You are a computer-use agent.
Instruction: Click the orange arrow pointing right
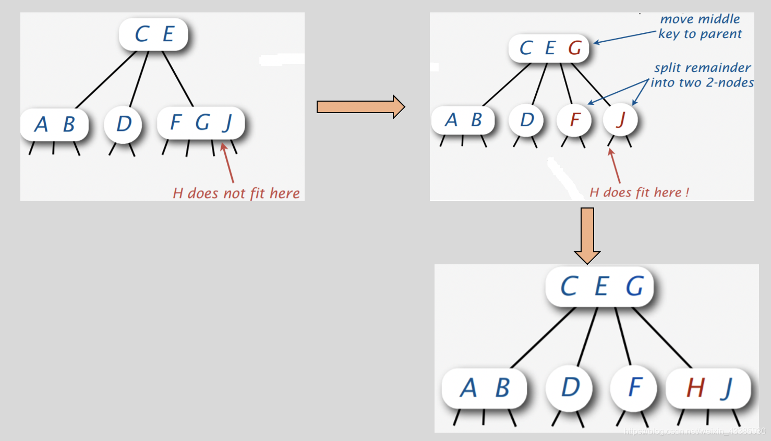360,107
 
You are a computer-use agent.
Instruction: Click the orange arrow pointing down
587,235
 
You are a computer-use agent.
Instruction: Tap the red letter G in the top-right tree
575,48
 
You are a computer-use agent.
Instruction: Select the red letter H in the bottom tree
695,388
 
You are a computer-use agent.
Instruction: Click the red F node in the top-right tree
574,120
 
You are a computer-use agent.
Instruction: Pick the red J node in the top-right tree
620,120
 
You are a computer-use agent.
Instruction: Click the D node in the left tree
124,124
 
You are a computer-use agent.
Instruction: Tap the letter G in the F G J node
202,123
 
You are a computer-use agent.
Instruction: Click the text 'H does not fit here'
236,193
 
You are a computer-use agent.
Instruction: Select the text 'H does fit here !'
639,192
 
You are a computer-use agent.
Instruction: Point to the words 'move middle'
700,19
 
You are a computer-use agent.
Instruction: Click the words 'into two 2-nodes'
702,82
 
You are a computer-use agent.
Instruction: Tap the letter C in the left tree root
141,34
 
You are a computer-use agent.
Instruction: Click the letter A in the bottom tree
468,388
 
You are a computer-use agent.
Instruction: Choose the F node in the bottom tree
634,387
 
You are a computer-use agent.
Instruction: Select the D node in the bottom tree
570,387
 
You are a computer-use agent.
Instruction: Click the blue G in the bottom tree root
634,286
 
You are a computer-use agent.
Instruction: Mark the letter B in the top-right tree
476,120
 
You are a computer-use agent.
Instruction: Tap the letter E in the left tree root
168,34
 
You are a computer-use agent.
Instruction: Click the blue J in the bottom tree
727,388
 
